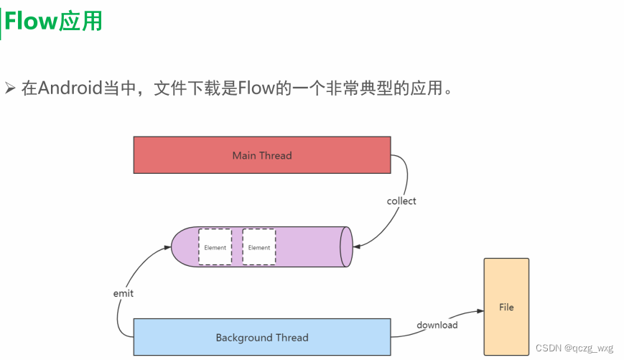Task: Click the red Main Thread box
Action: point(262,155)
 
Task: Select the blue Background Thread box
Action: point(262,337)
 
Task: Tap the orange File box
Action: point(506,307)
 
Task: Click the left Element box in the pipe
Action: point(215,247)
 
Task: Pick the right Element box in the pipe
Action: point(259,247)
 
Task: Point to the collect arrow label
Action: point(401,201)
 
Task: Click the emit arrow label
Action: point(124,293)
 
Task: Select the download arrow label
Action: point(437,325)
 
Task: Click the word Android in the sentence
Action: point(71,88)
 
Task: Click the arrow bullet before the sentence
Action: point(10,89)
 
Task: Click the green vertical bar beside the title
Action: point(1,22)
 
